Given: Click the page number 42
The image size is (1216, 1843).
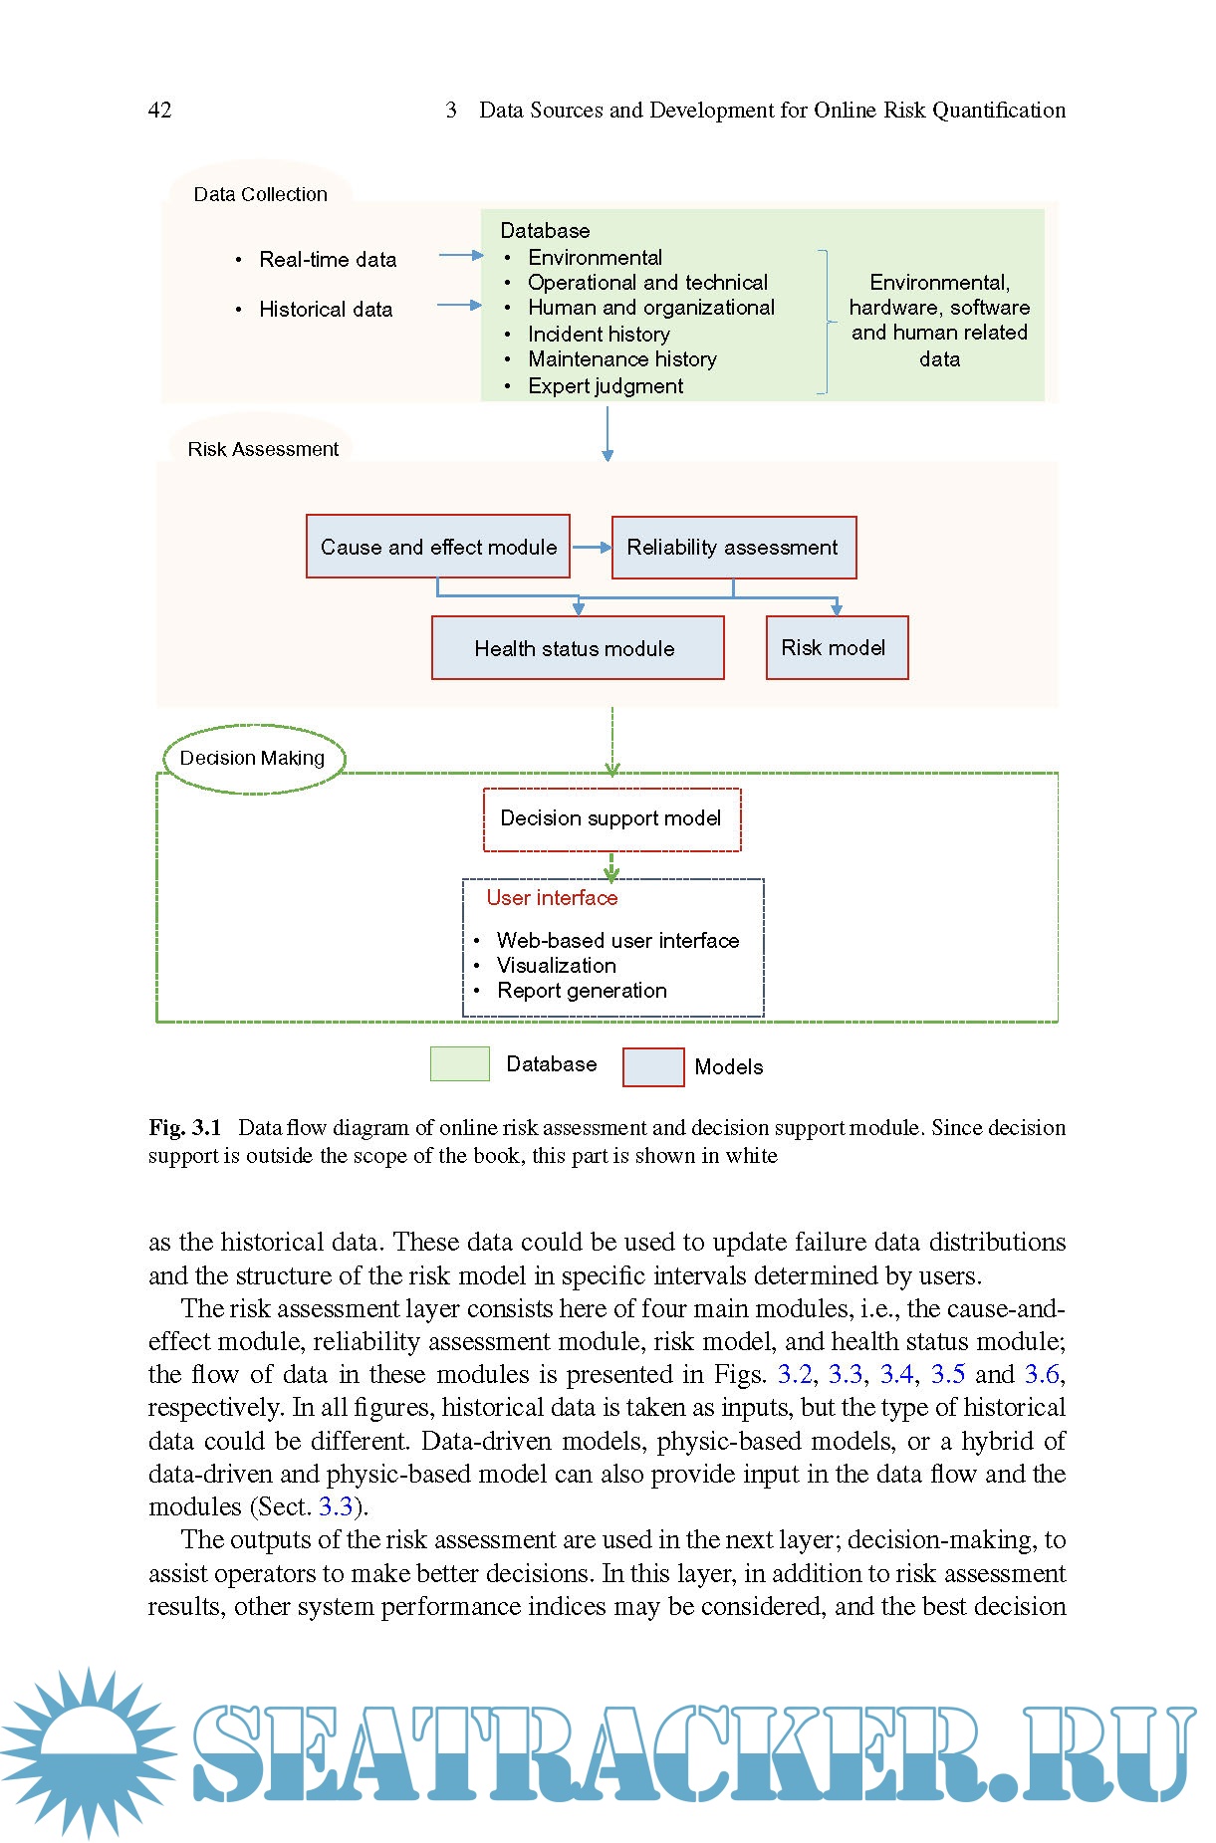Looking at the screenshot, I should tap(159, 111).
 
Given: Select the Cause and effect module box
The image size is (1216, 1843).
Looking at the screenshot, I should tap(438, 547).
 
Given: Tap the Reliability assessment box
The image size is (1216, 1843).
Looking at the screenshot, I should tap(733, 548).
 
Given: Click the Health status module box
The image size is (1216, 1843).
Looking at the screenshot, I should tap(578, 648).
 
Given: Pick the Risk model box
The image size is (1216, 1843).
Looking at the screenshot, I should tap(837, 648).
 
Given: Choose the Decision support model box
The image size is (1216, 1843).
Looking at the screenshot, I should tap(611, 819).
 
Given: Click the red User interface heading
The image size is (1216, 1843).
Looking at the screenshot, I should tap(552, 898).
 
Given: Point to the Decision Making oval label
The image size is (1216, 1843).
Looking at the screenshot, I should tap(253, 759).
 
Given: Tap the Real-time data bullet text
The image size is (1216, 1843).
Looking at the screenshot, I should tap(328, 260).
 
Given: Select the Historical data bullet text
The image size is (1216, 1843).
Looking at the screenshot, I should tap(326, 310).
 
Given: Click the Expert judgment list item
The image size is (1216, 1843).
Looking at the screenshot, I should tap(606, 386).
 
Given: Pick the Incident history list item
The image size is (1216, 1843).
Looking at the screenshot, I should tap(599, 335).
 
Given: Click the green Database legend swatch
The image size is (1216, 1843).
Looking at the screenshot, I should tap(459, 1064).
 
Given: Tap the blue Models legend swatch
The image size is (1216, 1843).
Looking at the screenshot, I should tap(653, 1067).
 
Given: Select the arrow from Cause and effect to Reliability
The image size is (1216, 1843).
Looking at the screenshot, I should tap(591, 547).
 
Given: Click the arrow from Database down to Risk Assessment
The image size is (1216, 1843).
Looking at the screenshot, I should tap(608, 433).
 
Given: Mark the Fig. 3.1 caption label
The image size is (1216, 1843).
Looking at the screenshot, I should tap(185, 1128).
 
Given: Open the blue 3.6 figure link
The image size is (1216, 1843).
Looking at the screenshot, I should tap(1042, 1375).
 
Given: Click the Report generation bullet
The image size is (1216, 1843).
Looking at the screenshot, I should tap(582, 991).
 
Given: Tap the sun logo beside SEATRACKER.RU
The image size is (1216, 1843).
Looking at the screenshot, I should tap(88, 1752).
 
